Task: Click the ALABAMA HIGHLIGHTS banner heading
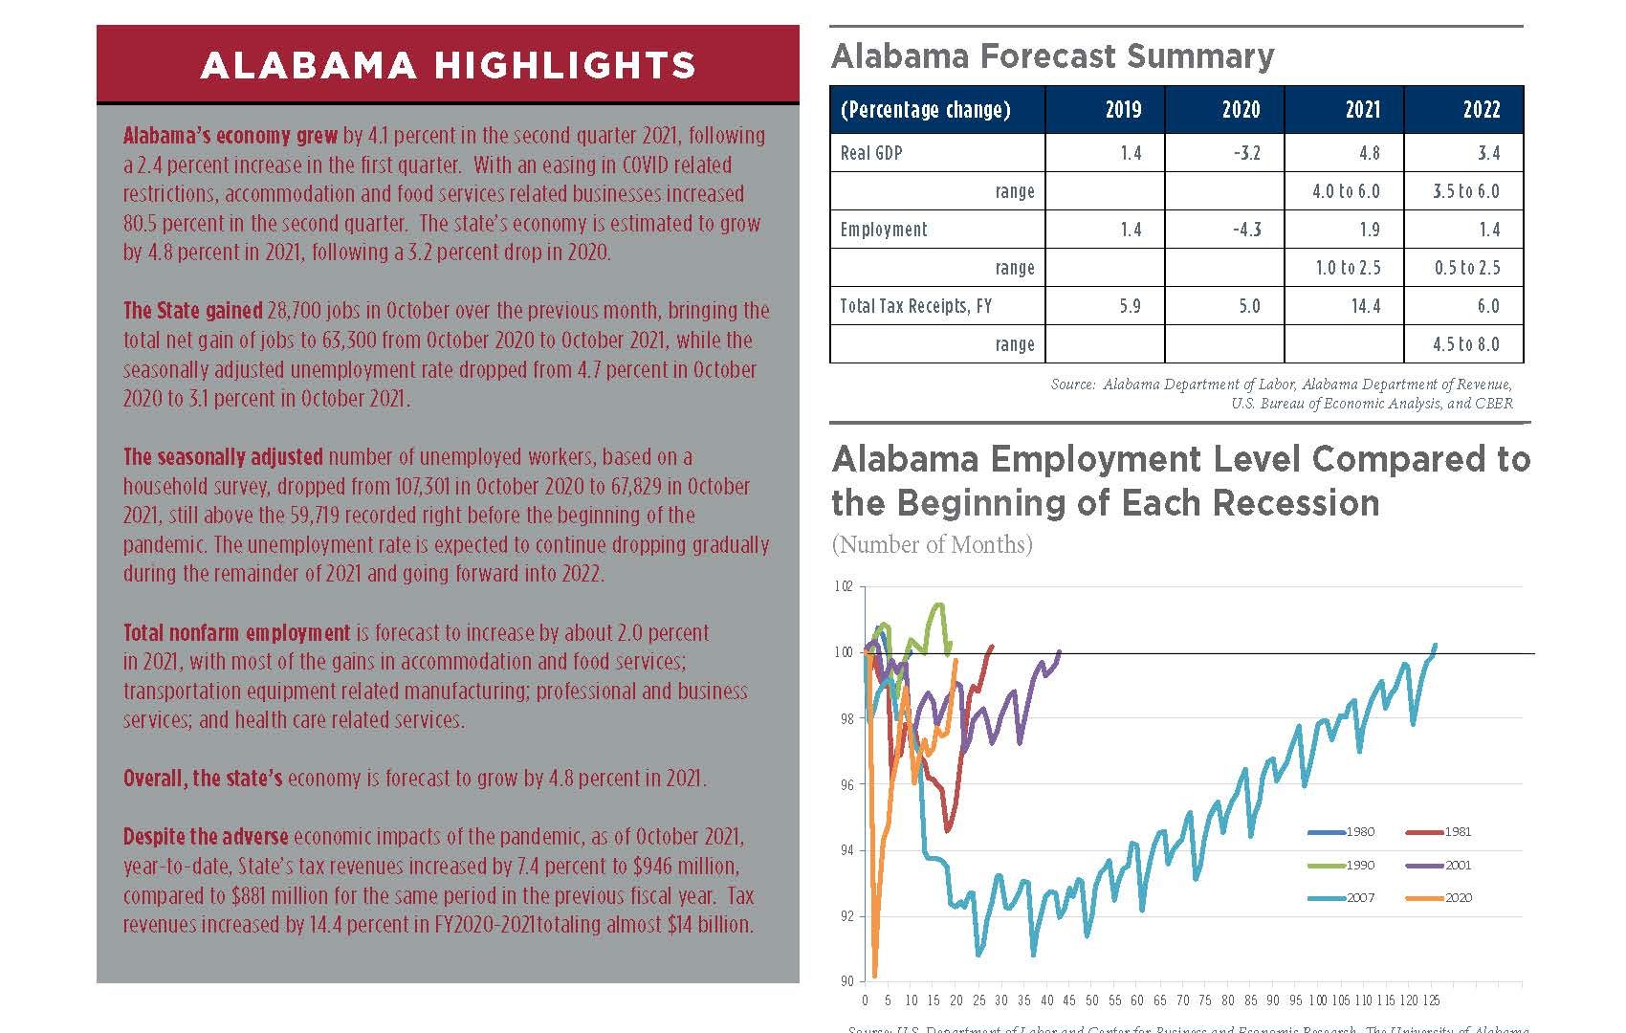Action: [448, 65]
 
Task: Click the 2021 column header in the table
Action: [1362, 109]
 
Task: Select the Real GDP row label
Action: [871, 153]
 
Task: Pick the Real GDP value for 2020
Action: [1247, 153]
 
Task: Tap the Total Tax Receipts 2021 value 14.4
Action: [1365, 306]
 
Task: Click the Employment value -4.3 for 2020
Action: [1247, 230]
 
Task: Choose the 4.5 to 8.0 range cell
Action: [1466, 344]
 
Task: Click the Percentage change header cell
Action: [925, 109]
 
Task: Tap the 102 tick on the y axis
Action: [843, 586]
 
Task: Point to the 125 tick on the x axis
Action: [1431, 1000]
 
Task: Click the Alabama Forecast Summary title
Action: [1052, 56]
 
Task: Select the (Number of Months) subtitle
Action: [932, 545]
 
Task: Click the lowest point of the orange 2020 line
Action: [874, 976]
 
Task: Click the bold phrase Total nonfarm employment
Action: [236, 632]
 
